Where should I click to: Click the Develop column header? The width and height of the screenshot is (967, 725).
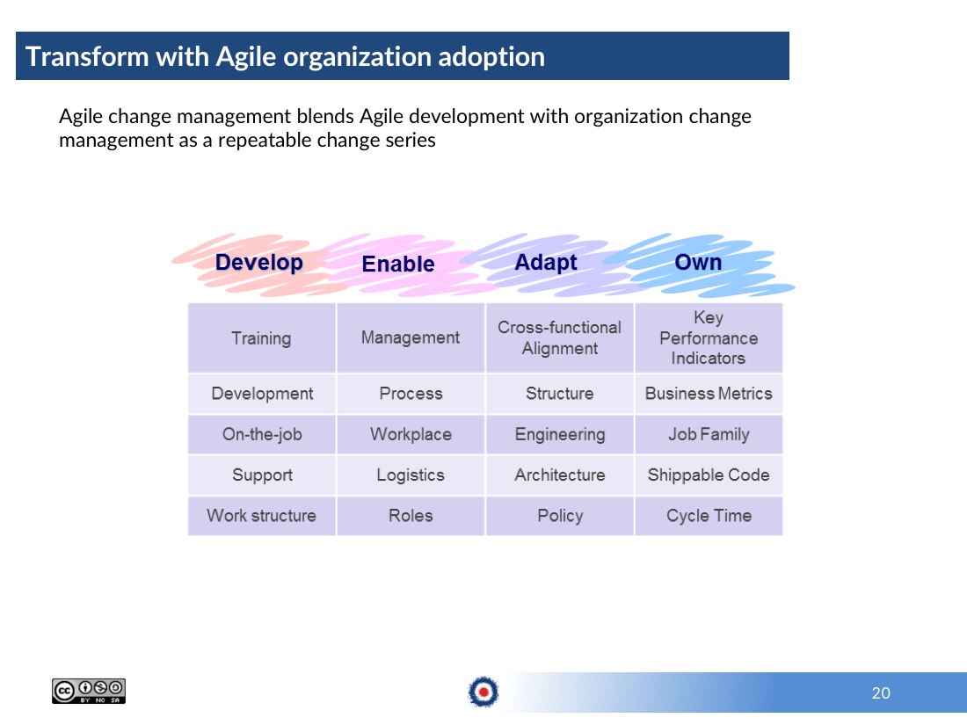point(259,263)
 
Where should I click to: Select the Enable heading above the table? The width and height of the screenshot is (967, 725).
point(397,264)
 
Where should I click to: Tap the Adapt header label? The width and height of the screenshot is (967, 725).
point(546,263)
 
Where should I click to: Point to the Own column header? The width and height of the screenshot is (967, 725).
point(698,262)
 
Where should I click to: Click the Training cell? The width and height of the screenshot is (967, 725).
point(261,337)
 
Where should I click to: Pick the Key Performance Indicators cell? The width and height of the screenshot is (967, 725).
point(709,337)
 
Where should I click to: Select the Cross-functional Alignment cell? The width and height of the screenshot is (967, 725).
point(559,337)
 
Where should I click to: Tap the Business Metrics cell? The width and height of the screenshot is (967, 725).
point(709,394)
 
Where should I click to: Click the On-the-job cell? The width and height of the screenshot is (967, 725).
point(261,434)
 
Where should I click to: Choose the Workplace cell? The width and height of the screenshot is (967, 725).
point(411,434)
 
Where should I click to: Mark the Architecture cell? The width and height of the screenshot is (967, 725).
point(559,475)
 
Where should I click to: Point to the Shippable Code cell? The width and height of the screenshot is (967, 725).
point(709,475)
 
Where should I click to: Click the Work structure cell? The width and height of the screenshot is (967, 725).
point(261,515)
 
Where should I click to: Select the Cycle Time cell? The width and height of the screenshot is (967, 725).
point(709,515)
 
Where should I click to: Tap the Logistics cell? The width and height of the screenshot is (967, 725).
point(411,475)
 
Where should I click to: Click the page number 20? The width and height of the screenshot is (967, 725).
point(881,693)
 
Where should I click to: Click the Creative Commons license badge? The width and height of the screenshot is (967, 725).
point(89,691)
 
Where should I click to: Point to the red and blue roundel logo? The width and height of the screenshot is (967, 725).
point(484,692)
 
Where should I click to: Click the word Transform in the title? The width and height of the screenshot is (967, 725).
point(86,57)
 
